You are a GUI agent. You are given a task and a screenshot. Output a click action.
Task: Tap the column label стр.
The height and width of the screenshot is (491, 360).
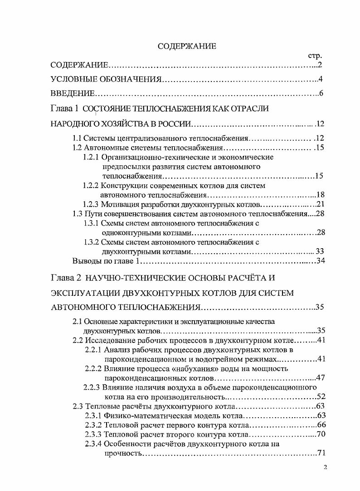tap(314, 56)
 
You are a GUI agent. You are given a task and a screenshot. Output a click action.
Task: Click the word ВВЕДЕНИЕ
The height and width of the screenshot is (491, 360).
tap(73, 94)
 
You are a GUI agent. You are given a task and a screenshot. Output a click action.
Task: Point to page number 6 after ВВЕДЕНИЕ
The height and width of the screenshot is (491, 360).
tap(320, 94)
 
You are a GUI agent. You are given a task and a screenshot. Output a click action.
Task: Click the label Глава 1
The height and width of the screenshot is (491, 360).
tap(65, 109)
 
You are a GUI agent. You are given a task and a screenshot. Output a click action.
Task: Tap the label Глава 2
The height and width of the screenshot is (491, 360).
tap(65, 276)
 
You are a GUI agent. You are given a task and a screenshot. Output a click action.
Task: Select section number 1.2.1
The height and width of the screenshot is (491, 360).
tap(92, 157)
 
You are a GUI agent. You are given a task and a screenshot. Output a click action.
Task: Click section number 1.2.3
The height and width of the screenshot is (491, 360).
tap(92, 204)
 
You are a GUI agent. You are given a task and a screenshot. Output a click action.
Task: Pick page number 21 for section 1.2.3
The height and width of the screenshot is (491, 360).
tap(321, 204)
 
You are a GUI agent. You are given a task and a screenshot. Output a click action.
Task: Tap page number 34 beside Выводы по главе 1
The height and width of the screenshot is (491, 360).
tap(321, 261)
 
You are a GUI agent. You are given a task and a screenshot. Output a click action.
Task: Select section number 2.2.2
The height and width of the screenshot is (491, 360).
tap(94, 368)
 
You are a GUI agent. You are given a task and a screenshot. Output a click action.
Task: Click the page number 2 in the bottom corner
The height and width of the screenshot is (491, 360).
tap(326, 468)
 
